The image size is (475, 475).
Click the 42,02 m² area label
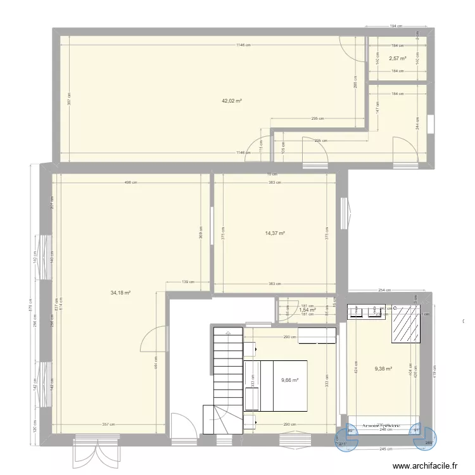[232, 101]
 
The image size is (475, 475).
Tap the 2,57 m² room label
[398, 58]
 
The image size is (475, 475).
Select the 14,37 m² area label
[275, 233]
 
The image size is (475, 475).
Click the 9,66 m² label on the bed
[289, 381]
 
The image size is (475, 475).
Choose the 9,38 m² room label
[383, 369]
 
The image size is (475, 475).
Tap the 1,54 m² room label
[307, 310]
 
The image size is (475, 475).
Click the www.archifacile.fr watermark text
[425, 465]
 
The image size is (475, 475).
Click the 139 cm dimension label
[187, 282]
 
